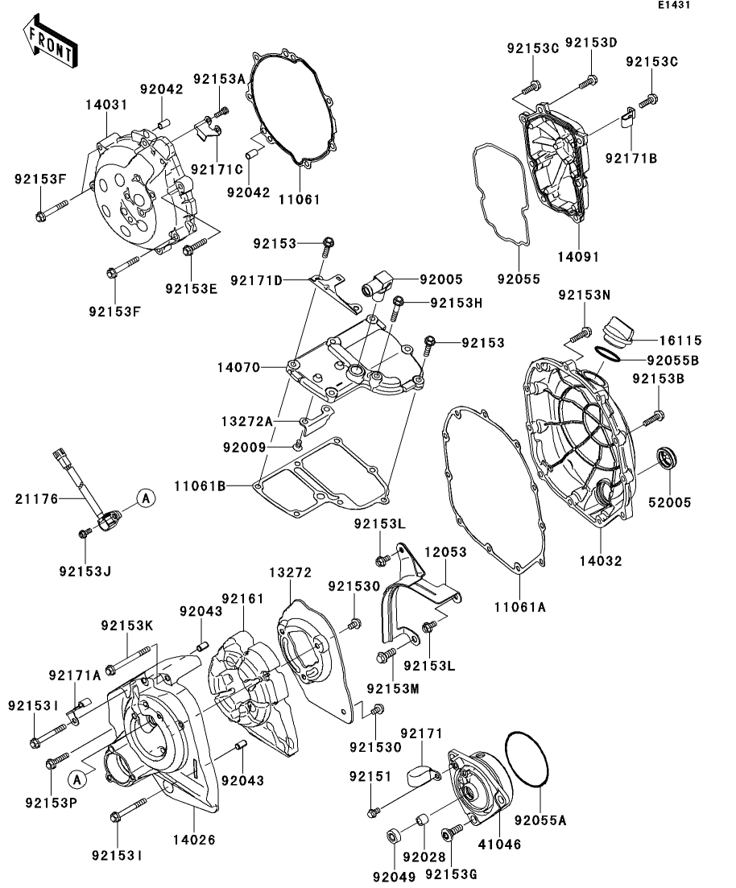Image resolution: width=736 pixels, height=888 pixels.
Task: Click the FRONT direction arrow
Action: click(50, 42)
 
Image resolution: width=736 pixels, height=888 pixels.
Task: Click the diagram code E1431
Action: click(674, 5)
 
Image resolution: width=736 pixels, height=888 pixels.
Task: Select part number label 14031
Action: click(106, 105)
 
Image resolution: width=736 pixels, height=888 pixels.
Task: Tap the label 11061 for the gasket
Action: click(300, 200)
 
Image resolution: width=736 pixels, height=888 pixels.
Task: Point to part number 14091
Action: click(578, 257)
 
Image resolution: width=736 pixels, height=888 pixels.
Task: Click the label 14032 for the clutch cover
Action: click(601, 560)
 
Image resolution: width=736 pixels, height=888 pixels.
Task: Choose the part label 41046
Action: click(499, 844)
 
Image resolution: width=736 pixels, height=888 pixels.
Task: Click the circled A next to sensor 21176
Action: click(147, 498)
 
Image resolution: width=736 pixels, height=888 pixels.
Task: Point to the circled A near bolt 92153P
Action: click(77, 780)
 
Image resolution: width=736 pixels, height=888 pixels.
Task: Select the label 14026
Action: click(194, 840)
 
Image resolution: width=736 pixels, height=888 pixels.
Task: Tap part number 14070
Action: click(238, 368)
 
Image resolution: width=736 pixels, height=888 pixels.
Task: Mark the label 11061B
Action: click(200, 486)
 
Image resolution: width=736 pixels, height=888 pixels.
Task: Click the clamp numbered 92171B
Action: click(626, 118)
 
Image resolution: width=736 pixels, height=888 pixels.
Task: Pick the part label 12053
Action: click(446, 551)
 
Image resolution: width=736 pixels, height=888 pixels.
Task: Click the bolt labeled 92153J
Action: click(85, 533)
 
